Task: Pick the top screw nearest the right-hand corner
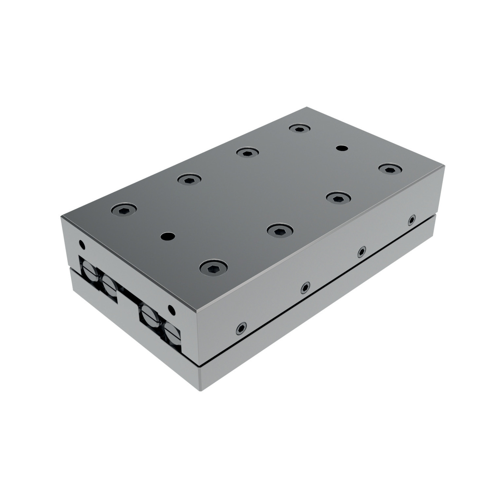(390, 169)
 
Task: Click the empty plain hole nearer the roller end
(168, 236)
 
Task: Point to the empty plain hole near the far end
(342, 148)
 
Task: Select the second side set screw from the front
(305, 287)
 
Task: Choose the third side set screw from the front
(361, 252)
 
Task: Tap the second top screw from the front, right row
(279, 230)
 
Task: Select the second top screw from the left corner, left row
(189, 179)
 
